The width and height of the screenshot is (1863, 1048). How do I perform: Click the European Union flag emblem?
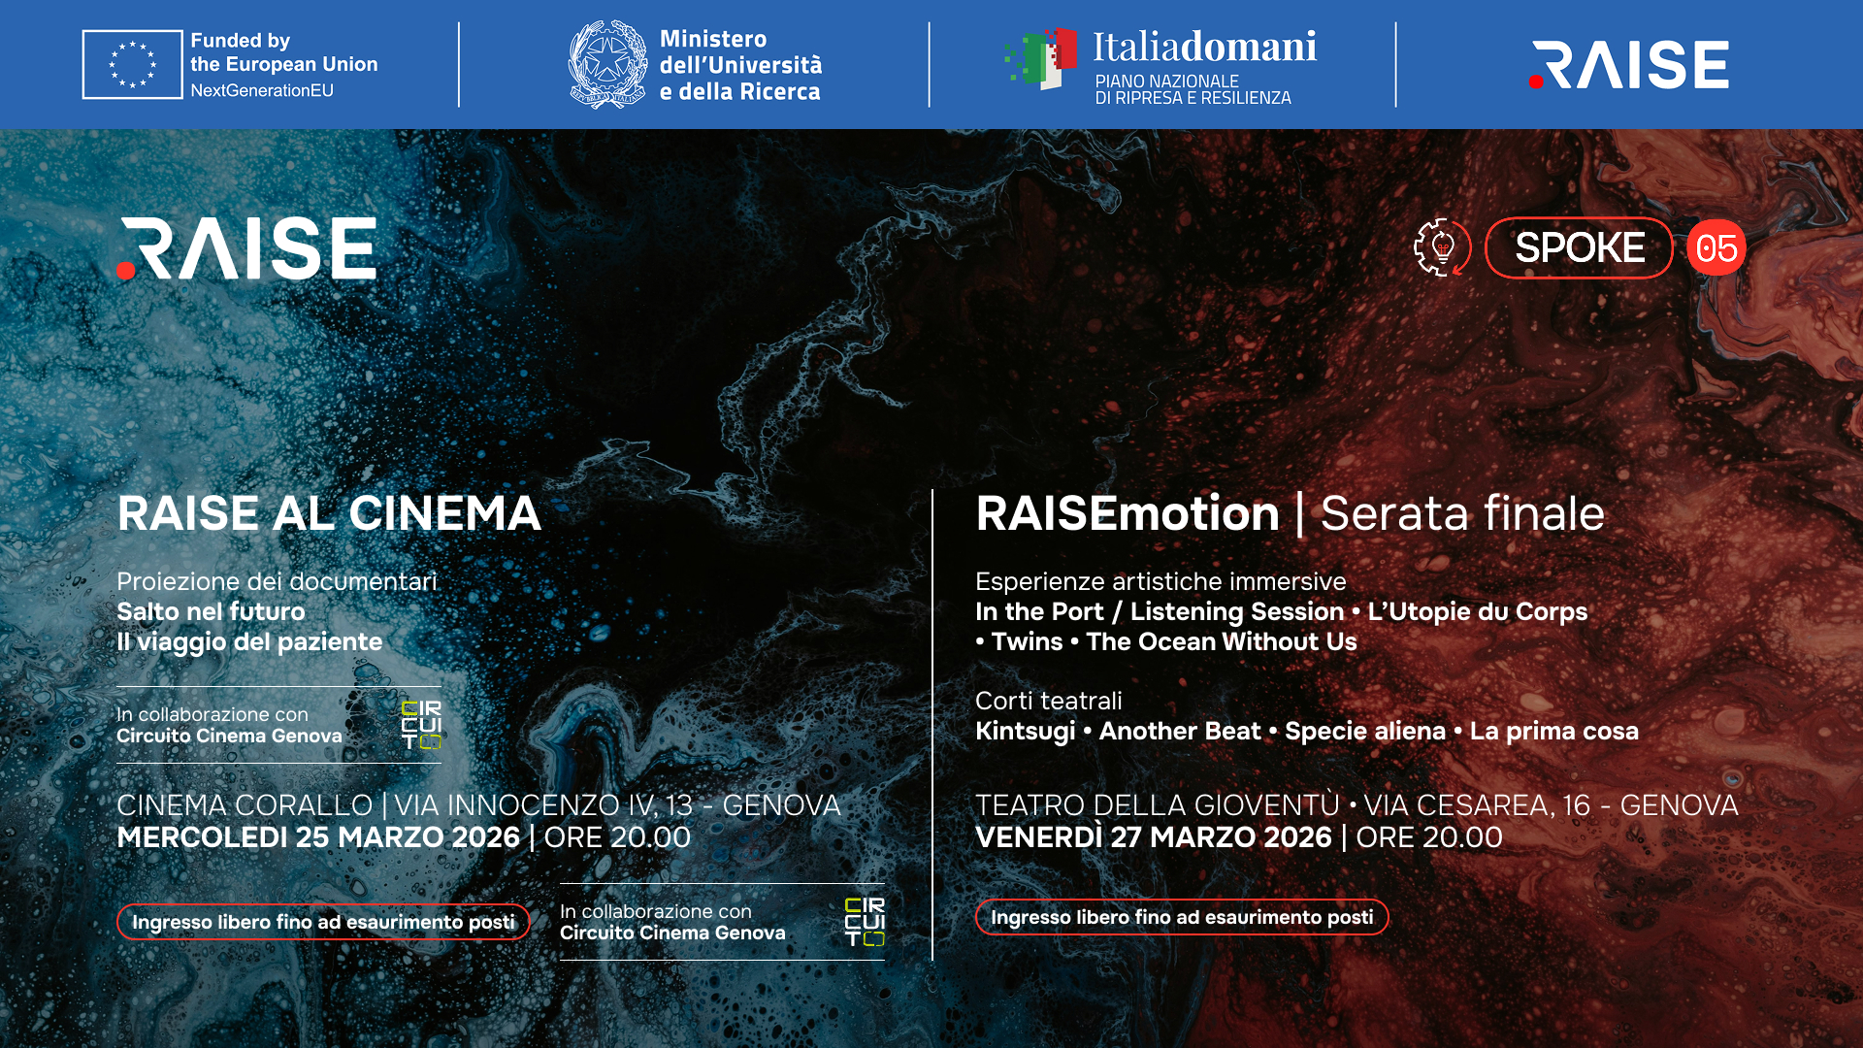click(x=132, y=64)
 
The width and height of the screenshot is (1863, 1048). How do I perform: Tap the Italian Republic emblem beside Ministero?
click(x=607, y=64)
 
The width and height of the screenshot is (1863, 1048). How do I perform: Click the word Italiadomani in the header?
click(x=1204, y=47)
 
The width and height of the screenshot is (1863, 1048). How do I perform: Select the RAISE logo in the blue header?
click(x=1628, y=64)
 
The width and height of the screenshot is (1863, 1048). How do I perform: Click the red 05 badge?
click(x=1716, y=248)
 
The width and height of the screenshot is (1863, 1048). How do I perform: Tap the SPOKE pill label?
click(x=1579, y=248)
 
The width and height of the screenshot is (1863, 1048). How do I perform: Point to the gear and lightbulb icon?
click(x=1442, y=247)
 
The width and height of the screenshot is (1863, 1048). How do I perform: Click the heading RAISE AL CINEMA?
click(x=329, y=513)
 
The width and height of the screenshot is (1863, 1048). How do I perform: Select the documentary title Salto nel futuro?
click(x=211, y=611)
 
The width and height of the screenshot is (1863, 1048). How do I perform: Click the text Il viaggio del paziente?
click(x=249, y=641)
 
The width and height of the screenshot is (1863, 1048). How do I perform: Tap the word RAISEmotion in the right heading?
click(x=1128, y=513)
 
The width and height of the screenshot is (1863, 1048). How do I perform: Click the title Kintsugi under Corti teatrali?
click(x=1025, y=731)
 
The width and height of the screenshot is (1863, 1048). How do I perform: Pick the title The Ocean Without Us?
click(x=1221, y=641)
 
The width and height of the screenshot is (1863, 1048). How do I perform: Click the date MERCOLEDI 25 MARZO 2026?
click(x=318, y=837)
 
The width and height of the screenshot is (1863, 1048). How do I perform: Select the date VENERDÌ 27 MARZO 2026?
click(x=1153, y=837)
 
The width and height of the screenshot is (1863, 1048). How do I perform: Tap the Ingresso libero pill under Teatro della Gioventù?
click(x=1181, y=917)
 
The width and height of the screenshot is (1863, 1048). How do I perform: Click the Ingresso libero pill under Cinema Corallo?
click(x=323, y=922)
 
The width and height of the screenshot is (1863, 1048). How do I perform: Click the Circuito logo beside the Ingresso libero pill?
click(x=865, y=922)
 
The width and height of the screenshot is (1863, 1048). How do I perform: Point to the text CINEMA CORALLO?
click(x=245, y=805)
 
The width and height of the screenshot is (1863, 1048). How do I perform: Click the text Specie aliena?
click(x=1364, y=731)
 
